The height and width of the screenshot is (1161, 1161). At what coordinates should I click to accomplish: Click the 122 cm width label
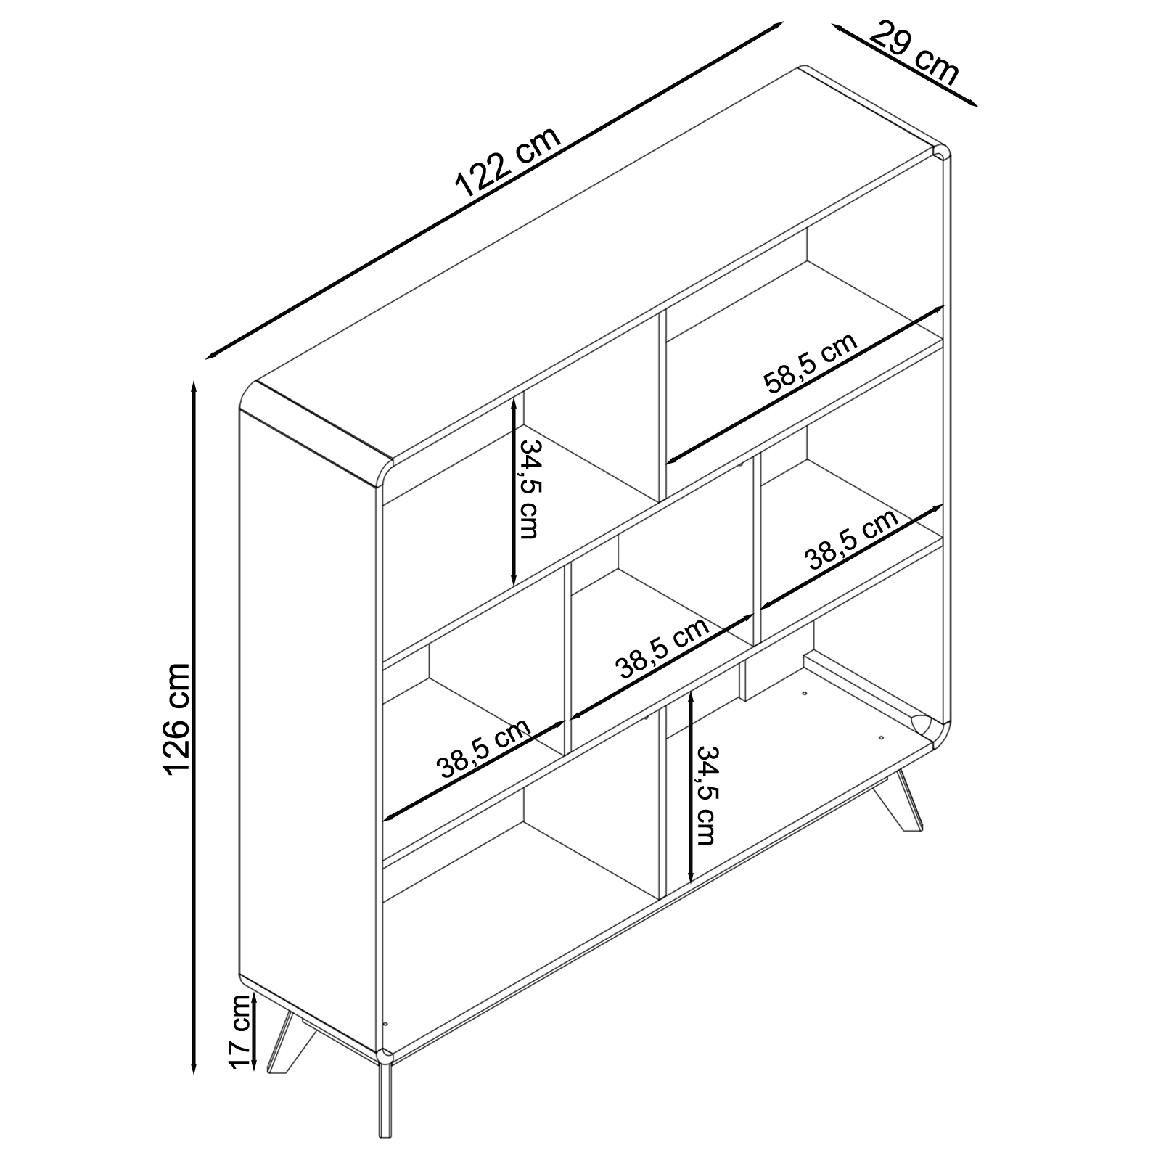pyautogui.click(x=508, y=165)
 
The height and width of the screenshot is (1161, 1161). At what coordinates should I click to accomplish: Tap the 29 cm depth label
pyautogui.click(x=914, y=52)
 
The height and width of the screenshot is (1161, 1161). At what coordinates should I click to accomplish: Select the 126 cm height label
pyautogui.click(x=177, y=718)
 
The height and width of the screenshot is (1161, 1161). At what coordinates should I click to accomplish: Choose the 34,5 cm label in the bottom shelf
pyautogui.click(x=705, y=795)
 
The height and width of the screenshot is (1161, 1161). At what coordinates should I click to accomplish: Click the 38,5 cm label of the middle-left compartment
pyautogui.click(x=484, y=748)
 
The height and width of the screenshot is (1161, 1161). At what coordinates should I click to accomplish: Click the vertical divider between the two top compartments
pyautogui.click(x=662, y=406)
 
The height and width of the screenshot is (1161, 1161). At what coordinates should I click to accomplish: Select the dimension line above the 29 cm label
pyautogui.click(x=906, y=65)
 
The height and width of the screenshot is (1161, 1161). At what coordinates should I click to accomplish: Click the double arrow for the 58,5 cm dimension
pyautogui.click(x=805, y=383)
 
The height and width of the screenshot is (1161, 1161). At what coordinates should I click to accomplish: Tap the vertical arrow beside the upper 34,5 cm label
pyautogui.click(x=514, y=491)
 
